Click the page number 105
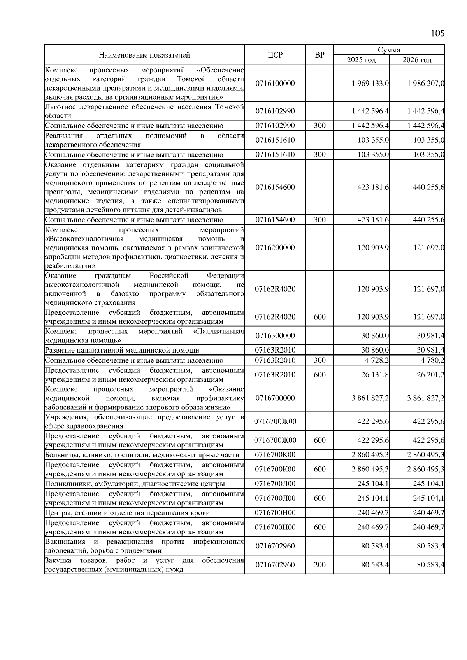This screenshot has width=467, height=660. coord(437,33)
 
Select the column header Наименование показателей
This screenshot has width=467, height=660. coord(144,55)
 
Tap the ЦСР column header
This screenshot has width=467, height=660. coord(275,55)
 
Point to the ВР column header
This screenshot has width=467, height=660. coord(320,55)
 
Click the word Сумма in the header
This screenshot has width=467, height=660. coord(389,50)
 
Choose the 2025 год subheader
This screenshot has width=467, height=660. coord(361,60)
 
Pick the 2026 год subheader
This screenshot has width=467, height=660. coord(417,60)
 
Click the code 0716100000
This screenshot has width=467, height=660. coord(275,83)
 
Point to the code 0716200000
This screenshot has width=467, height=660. coord(275,248)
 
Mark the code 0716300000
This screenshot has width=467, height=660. coord(275,335)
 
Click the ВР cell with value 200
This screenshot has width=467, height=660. coord(320,565)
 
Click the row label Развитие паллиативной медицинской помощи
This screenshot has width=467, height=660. coord(122,350)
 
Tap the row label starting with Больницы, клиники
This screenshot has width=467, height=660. coord(142,455)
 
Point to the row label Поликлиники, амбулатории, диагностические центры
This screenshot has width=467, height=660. coord(135,484)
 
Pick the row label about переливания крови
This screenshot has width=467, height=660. coord(127,513)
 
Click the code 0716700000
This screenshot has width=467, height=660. coord(275,398)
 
